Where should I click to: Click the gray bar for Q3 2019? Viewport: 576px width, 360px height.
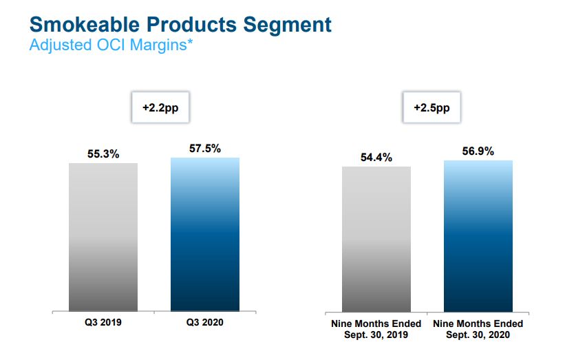[103, 237]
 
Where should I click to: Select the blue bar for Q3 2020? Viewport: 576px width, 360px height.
[205, 234]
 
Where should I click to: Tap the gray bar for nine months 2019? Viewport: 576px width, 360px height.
[376, 239]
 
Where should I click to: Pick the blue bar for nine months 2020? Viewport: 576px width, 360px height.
[478, 235]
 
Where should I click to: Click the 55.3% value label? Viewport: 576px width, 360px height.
[103, 154]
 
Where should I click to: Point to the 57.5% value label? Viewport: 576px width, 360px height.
[205, 149]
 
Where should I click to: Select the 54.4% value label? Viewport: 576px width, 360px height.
[376, 158]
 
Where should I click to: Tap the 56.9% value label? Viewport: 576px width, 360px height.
[478, 152]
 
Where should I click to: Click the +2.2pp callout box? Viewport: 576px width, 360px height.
[160, 108]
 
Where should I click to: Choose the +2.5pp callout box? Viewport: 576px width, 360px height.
[432, 108]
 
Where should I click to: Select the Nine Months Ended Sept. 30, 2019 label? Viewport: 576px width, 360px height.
[376, 329]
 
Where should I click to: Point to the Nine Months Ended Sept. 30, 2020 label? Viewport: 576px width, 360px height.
[478, 329]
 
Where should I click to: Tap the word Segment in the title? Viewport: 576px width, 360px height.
[288, 26]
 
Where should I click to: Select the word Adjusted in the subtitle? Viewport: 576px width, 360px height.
[57, 47]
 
